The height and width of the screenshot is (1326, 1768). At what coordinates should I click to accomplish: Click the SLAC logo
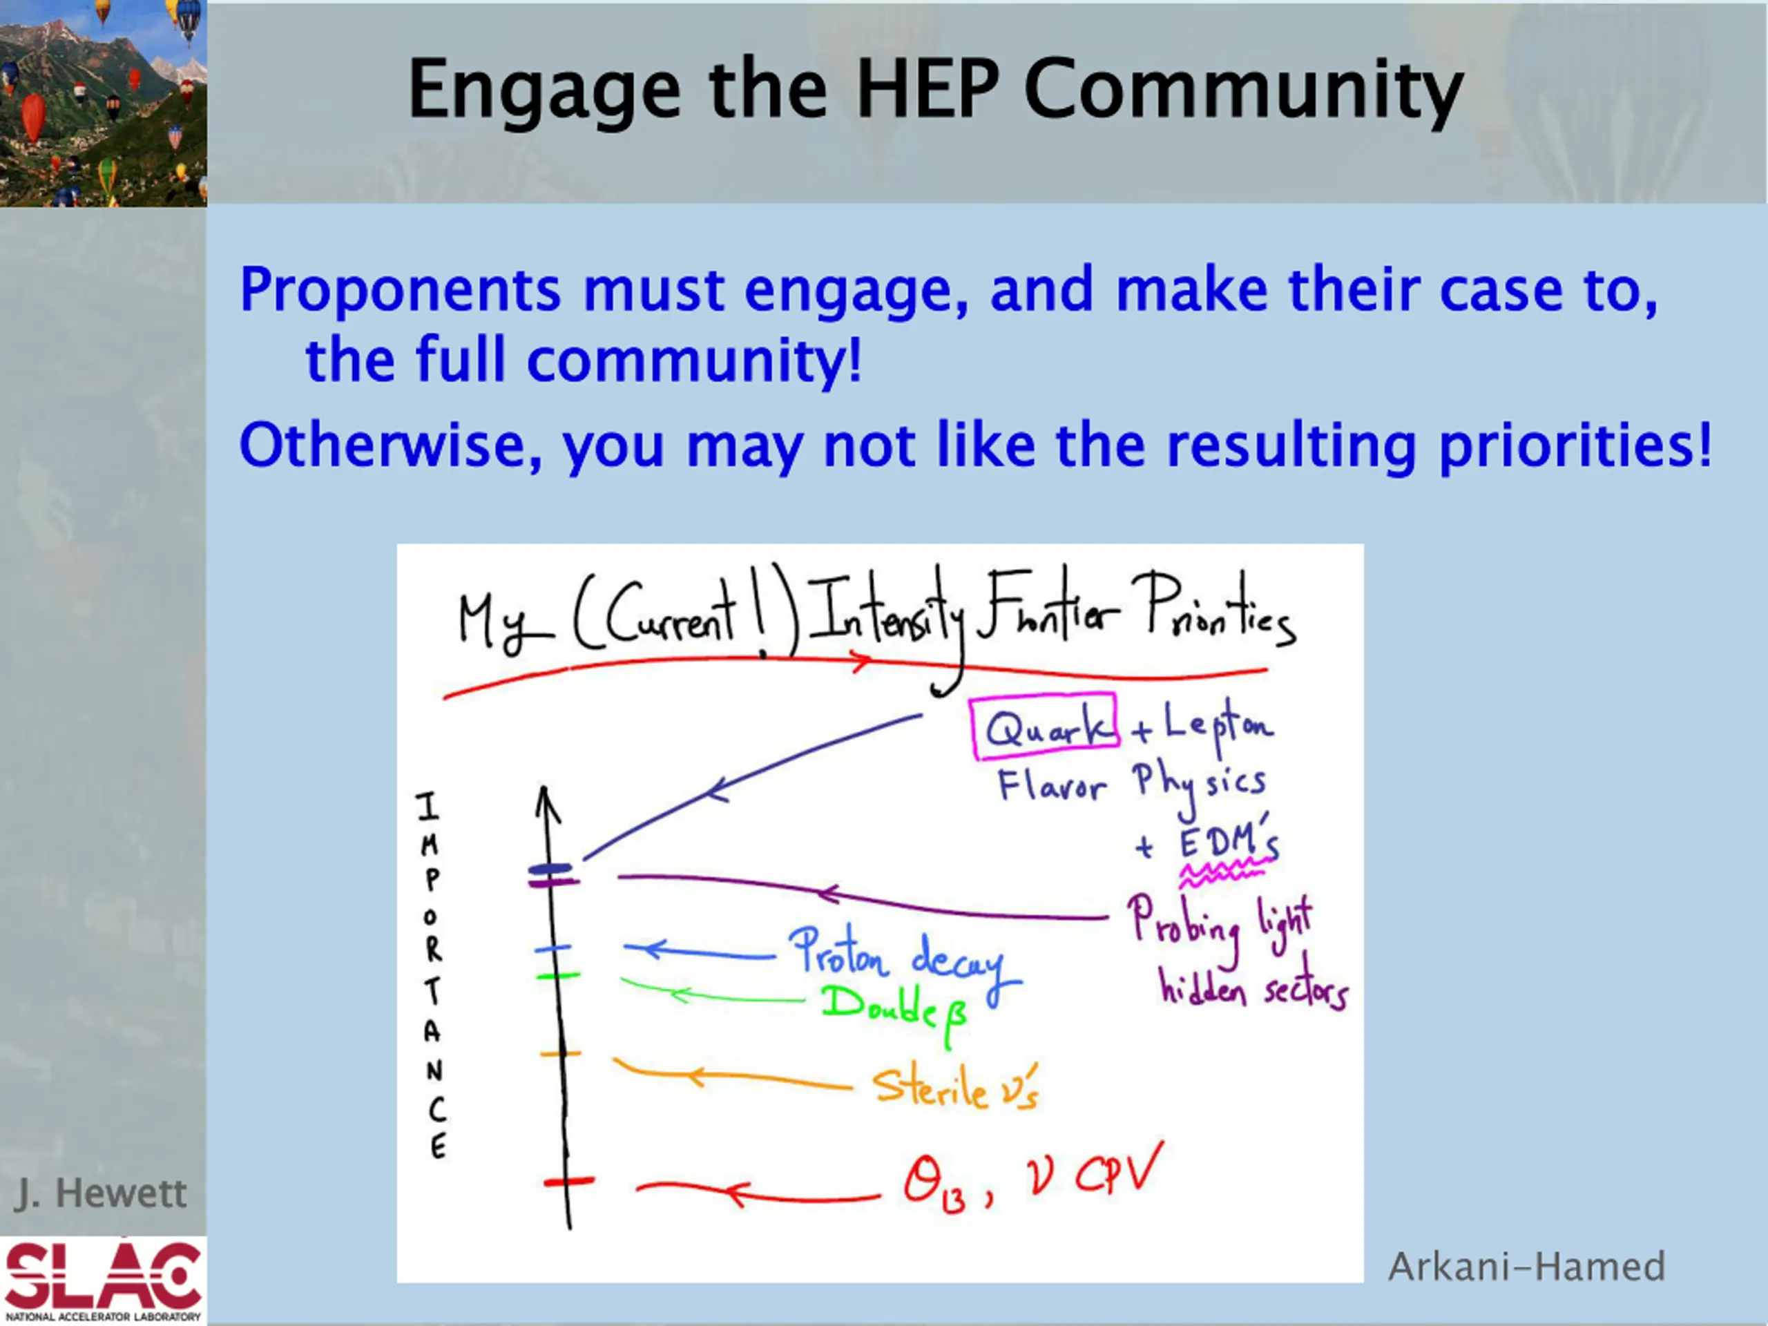pyautogui.click(x=103, y=1280)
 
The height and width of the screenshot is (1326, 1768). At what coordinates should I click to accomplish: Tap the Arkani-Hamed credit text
pyautogui.click(x=1526, y=1267)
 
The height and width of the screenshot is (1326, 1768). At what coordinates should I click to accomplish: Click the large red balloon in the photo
pyautogui.click(x=32, y=117)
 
